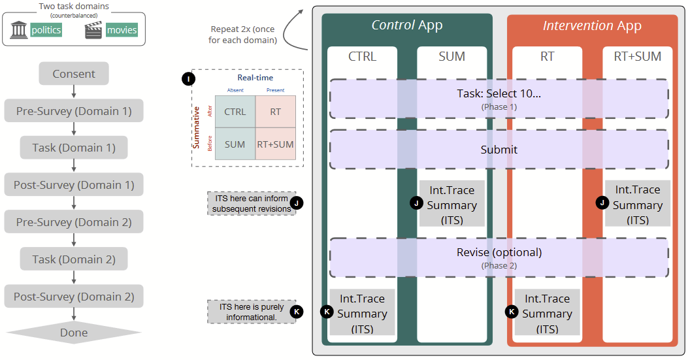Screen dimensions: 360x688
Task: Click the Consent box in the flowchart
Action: click(74, 74)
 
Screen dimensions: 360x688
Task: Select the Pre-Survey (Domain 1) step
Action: click(74, 111)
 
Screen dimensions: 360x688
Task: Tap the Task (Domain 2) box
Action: click(74, 259)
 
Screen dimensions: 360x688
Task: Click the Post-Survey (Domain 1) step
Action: click(74, 185)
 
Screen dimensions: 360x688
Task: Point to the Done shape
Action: click(74, 333)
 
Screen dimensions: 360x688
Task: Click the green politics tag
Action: click(46, 29)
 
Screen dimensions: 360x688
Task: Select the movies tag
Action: click(122, 29)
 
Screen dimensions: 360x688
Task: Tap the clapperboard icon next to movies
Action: click(94, 30)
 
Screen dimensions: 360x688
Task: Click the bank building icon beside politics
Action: click(18, 29)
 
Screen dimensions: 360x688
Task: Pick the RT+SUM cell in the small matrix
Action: click(276, 144)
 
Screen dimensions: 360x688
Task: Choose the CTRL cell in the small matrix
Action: click(235, 112)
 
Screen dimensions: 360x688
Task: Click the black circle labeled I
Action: click(188, 79)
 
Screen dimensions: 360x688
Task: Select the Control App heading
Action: click(407, 25)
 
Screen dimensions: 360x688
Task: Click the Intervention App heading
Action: click(592, 26)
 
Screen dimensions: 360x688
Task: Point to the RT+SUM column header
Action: click(637, 57)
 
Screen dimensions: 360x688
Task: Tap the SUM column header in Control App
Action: click(452, 57)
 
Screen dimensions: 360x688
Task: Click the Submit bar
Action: click(499, 150)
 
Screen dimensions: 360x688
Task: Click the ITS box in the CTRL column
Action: click(362, 314)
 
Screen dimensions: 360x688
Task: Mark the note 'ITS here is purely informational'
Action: click(252, 312)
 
